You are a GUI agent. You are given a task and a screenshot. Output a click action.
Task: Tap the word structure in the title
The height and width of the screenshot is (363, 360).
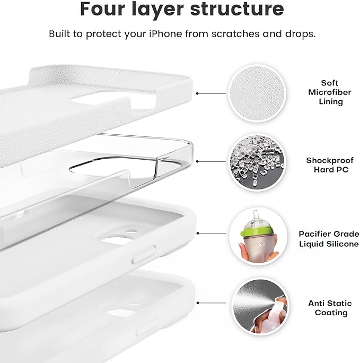click(236, 9)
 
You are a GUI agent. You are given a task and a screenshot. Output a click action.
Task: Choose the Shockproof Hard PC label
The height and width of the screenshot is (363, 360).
click(329, 165)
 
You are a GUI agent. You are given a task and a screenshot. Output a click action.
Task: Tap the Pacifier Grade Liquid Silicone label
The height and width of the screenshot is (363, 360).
click(329, 238)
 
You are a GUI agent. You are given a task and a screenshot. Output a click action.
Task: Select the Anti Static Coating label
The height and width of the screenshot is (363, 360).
click(329, 308)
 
